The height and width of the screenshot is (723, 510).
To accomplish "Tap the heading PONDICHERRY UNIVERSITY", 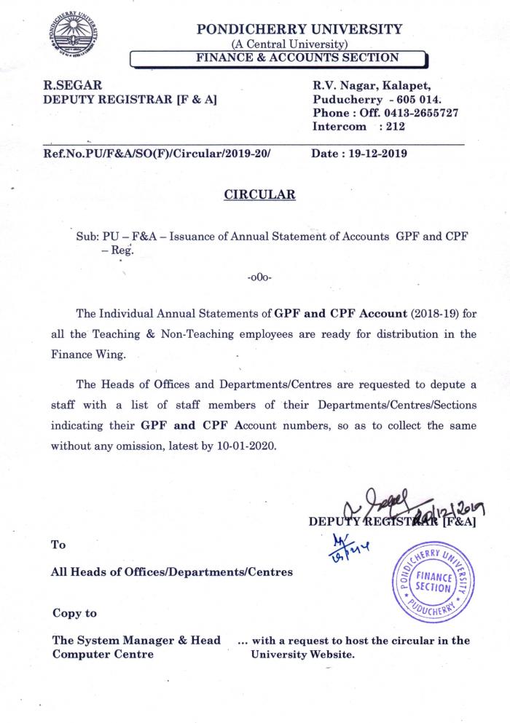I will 299,29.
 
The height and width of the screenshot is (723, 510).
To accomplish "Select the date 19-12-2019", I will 374,154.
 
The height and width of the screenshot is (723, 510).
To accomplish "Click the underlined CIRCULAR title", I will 259,194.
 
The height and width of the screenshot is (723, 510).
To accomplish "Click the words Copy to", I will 74,613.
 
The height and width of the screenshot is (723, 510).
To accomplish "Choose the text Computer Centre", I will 103,654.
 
